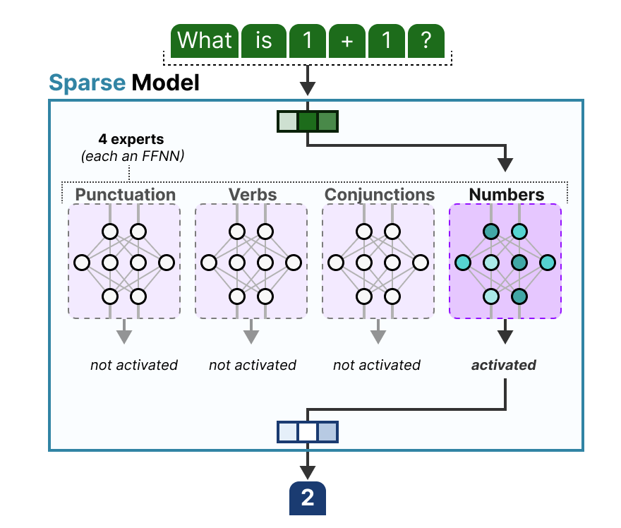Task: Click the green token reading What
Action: click(205, 40)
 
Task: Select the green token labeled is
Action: click(263, 40)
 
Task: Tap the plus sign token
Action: click(346, 40)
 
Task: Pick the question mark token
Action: click(426, 40)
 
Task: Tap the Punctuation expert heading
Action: click(125, 194)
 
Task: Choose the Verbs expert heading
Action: click(252, 194)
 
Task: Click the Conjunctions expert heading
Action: click(379, 194)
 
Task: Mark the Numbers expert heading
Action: click(506, 194)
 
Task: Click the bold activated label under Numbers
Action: click(503, 365)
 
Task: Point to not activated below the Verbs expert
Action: click(252, 365)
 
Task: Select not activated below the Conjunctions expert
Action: click(376, 365)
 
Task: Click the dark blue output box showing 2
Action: click(308, 498)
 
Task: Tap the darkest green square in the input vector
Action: click(308, 122)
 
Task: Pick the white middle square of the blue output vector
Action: click(308, 431)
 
